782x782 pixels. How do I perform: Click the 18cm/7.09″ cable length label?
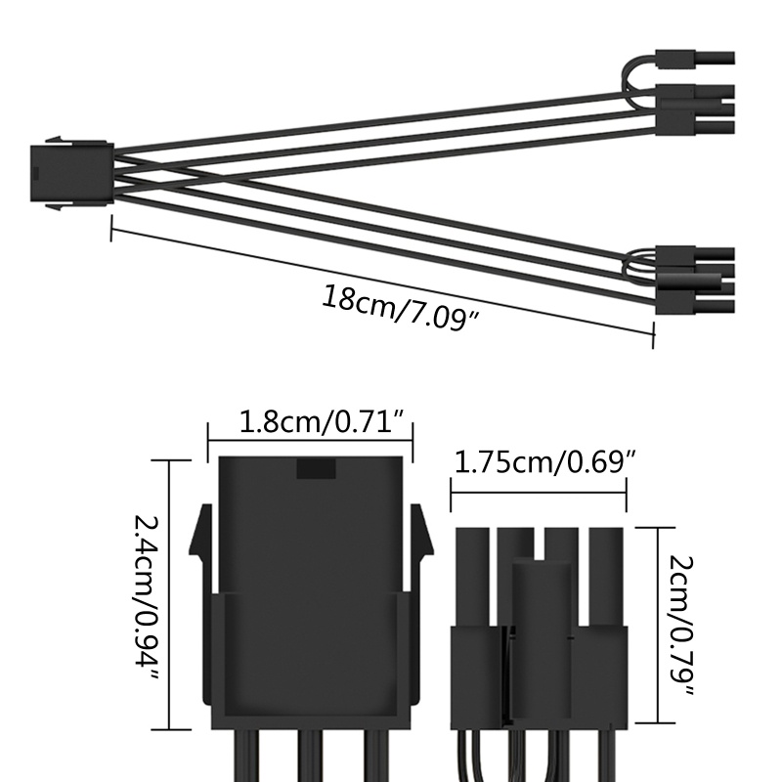point(401,308)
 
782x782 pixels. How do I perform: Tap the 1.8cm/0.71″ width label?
point(322,422)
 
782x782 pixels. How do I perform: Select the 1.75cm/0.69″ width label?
point(546,461)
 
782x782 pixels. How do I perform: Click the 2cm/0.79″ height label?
point(680,626)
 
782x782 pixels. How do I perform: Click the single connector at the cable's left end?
point(71,173)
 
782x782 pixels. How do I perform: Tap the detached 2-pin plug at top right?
point(695,59)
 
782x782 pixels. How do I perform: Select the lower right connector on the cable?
point(695,280)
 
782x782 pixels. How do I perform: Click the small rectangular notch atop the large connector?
point(316,468)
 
